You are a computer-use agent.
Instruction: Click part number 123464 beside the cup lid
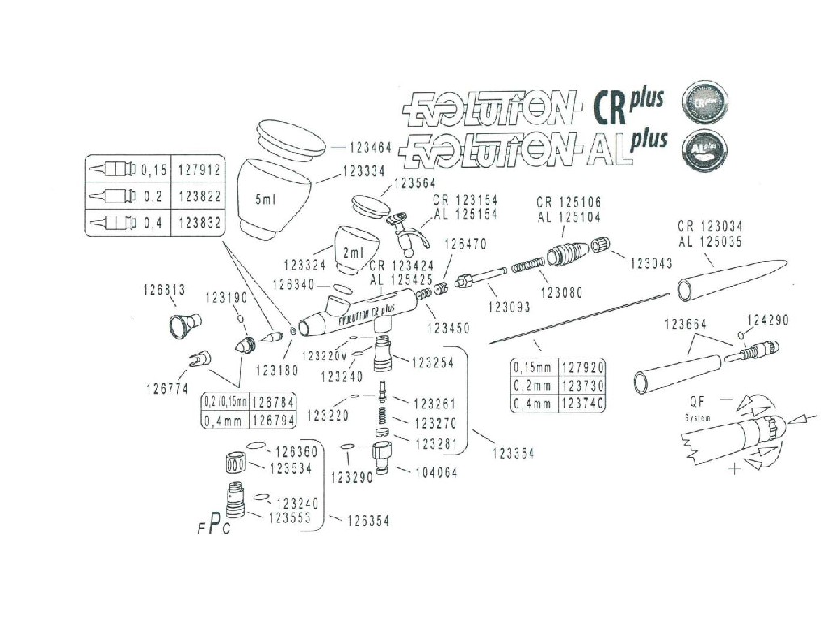coord(369,148)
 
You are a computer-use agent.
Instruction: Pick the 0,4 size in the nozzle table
coord(153,224)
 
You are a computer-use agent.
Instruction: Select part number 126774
coord(167,388)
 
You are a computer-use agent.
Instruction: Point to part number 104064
coord(437,472)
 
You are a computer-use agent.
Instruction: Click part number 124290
coord(767,320)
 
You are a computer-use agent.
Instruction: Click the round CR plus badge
coord(704,103)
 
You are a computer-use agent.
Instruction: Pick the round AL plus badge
coord(704,150)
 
